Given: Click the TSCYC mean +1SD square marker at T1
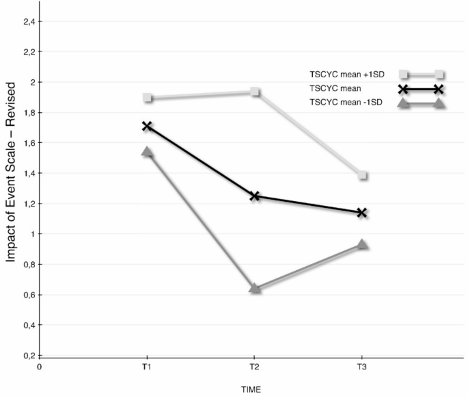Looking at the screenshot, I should [x=148, y=98].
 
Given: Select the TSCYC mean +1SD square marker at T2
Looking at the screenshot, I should [x=255, y=92].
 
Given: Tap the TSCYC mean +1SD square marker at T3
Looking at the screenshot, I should [x=363, y=176].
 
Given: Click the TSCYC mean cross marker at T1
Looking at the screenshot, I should [x=148, y=127].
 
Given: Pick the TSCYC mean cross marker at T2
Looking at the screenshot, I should [x=255, y=196].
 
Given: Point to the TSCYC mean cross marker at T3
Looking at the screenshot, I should [x=363, y=213].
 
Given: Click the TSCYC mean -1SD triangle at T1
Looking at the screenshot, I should [x=148, y=152].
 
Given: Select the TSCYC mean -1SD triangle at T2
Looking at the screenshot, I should [x=255, y=288].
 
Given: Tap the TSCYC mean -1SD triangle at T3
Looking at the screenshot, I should [x=363, y=244].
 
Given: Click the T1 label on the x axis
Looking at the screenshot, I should [x=148, y=367].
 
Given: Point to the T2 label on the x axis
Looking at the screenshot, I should [x=255, y=367].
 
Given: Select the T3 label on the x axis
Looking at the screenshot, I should [x=362, y=367].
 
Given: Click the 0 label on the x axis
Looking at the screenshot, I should [x=40, y=367].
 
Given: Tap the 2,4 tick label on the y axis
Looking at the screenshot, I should [x=28, y=21].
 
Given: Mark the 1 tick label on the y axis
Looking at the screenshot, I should [x=31, y=234].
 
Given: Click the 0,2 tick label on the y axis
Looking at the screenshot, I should [x=28, y=356].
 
